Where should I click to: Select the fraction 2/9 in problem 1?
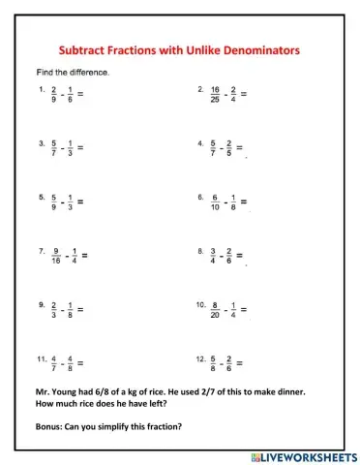pyautogui.click(x=56, y=94)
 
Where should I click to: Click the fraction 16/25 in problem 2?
pyautogui.click(x=217, y=94)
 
